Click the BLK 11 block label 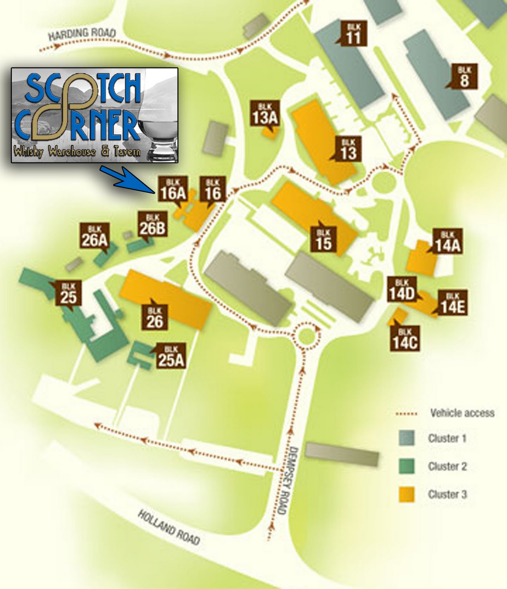click(353, 33)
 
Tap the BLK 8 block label click(464, 77)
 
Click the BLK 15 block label click(323, 239)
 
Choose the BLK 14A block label click(447, 242)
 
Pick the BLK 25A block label click(171, 356)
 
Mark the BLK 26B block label click(152, 225)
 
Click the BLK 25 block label click(68, 293)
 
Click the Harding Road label click(82, 34)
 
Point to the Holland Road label click(169, 528)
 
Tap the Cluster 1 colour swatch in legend click(407, 438)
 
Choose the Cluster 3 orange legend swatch click(407, 494)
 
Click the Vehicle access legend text click(462, 413)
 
